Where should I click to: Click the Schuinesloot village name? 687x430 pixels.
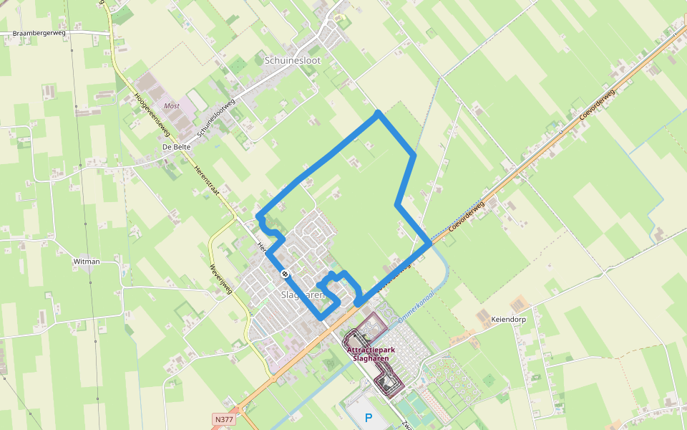293,61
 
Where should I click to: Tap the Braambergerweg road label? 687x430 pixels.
34,33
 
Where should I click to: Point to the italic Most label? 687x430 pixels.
172,105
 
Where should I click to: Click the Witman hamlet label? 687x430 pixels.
87,262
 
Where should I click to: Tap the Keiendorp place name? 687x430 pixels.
508,320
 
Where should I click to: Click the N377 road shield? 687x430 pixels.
223,419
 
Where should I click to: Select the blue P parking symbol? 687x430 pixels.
369,418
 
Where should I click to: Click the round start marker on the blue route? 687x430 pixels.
285,273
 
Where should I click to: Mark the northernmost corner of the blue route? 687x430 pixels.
378,113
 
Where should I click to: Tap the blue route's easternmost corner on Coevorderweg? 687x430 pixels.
429,243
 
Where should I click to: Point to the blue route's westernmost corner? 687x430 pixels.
258,216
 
